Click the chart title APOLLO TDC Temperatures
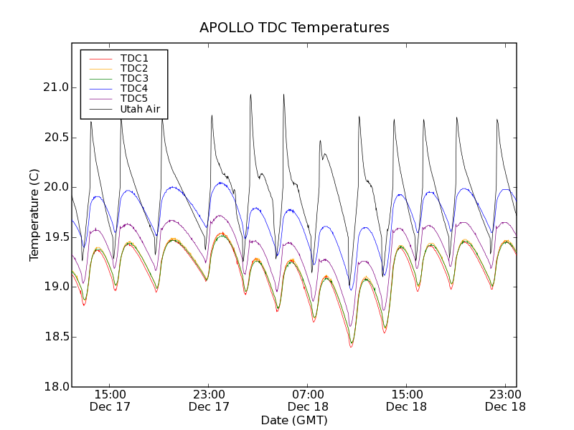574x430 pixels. tap(294, 28)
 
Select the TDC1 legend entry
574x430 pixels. tap(134, 58)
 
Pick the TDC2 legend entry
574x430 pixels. tap(134, 68)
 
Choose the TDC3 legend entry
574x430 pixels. tap(134, 78)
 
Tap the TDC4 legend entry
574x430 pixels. tap(134, 88)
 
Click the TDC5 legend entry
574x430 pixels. tap(134, 98)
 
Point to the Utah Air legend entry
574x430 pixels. tap(140, 109)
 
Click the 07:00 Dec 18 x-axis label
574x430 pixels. tap(308, 400)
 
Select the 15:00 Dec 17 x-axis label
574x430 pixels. tap(110, 400)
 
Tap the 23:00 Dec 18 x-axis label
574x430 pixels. tap(505, 400)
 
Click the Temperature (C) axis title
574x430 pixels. tap(34, 215)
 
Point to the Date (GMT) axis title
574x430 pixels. tap(294, 420)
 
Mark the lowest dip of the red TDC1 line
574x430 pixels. tap(351, 347)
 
